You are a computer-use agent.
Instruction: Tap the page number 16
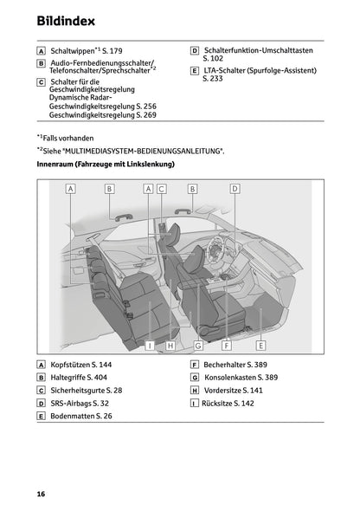[x=41, y=493]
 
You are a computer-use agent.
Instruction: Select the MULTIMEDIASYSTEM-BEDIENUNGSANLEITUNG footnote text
[x=152, y=151]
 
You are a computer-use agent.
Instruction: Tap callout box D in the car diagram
[x=234, y=188]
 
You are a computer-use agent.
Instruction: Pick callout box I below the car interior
[x=149, y=345]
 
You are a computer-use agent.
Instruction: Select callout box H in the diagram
[x=170, y=345]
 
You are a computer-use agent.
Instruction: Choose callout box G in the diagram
[x=198, y=345]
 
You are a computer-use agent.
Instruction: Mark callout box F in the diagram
[x=227, y=345]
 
